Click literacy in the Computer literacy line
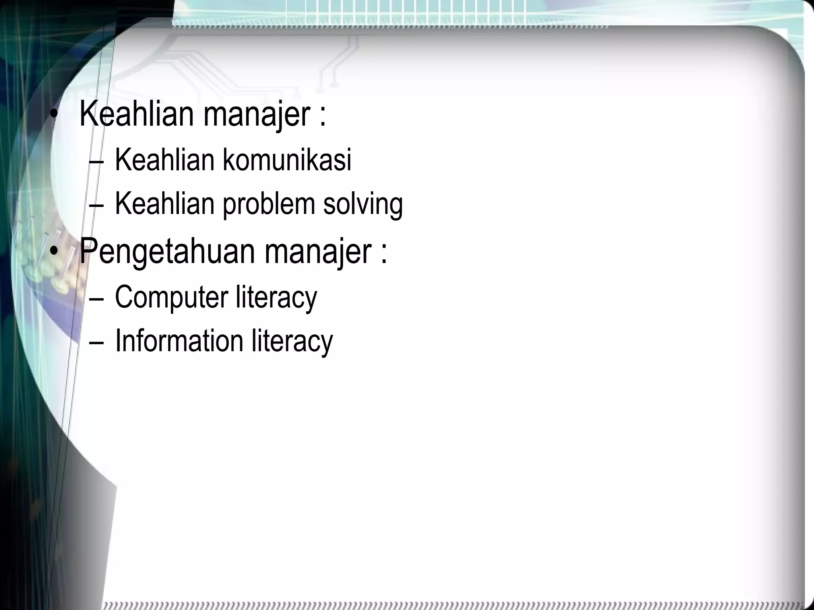click(x=276, y=297)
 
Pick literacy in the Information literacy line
click(x=292, y=341)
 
